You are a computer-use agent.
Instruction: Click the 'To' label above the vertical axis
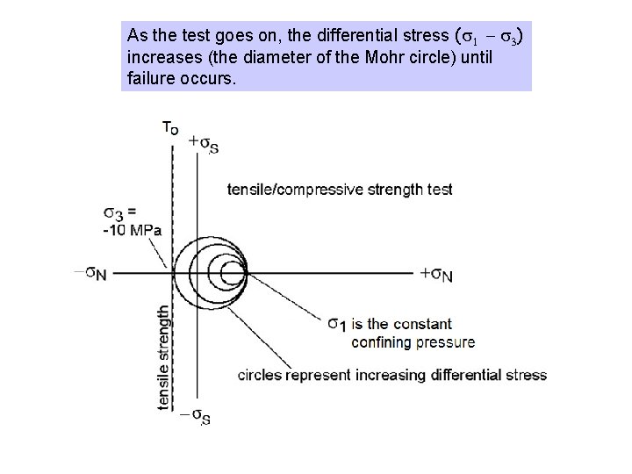pyautogui.click(x=170, y=126)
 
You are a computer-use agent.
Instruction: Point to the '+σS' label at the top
pyautogui.click(x=204, y=145)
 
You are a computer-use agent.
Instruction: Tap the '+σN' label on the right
pyautogui.click(x=436, y=274)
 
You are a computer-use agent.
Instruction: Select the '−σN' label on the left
pyautogui.click(x=90, y=274)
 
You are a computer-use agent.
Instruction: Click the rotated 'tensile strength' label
pyautogui.click(x=163, y=356)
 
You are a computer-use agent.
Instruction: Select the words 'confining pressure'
pyautogui.click(x=413, y=341)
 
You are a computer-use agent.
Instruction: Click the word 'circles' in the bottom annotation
pyautogui.click(x=260, y=375)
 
